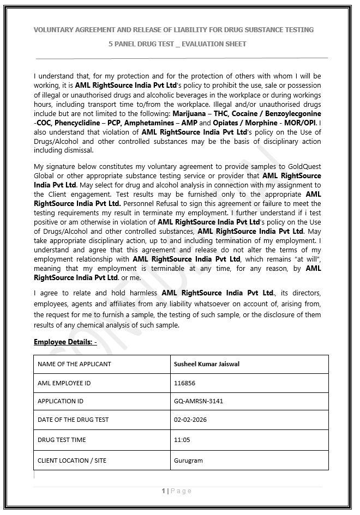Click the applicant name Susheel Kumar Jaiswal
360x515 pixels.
coord(206,364)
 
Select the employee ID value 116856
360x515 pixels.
coord(184,383)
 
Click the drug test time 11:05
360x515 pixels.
coord(182,440)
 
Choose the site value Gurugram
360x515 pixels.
coord(188,461)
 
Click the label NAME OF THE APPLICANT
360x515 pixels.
coord(74,364)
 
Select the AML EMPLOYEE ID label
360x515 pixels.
coord(64,383)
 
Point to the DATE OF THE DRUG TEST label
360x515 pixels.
coord(73,420)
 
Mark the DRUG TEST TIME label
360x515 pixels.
coord(62,440)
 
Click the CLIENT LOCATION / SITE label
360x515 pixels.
coord(72,461)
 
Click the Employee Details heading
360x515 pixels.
coord(65,342)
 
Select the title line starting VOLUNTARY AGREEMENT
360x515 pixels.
coord(173,29)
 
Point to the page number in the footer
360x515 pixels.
coord(163,491)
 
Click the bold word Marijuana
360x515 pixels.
coord(190,113)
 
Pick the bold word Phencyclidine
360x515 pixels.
coord(75,123)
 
